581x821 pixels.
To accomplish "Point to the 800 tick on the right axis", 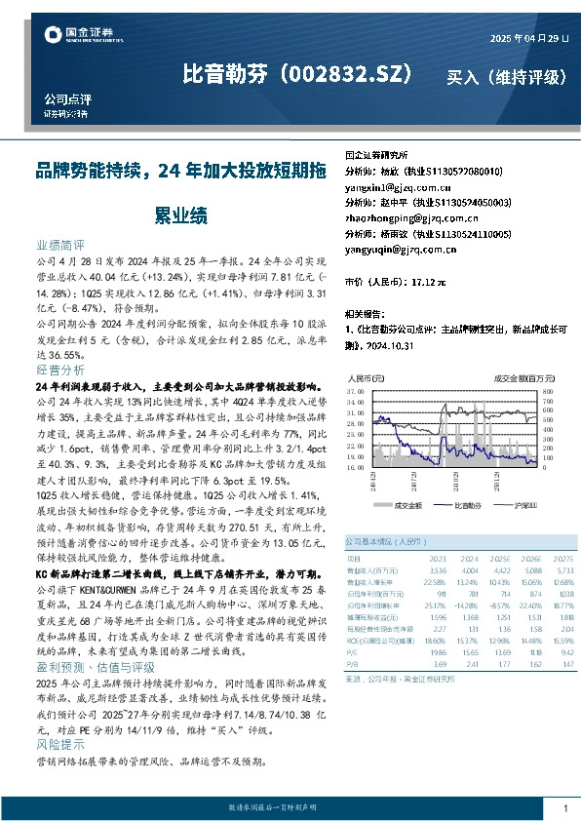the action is [547, 390].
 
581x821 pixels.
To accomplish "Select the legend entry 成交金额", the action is [407, 505].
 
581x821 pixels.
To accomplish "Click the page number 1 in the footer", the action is [565, 808].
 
